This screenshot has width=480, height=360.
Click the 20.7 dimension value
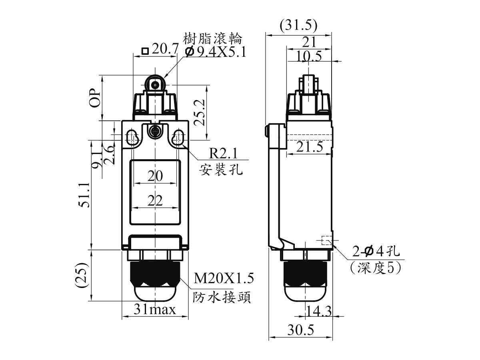[x=165, y=49]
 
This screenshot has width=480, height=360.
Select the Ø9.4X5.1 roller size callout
[x=215, y=52]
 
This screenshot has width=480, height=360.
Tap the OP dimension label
[x=95, y=98]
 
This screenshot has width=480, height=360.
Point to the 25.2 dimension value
[x=200, y=112]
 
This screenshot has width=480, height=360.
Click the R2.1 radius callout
[x=223, y=154]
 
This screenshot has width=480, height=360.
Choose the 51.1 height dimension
[x=84, y=195]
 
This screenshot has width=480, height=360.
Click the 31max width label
[x=155, y=309]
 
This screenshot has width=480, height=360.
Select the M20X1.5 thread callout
[x=224, y=278]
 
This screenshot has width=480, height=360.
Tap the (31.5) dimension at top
[x=298, y=25]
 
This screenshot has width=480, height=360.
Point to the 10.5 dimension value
[x=309, y=56]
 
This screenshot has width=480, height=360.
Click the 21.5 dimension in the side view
[x=310, y=146]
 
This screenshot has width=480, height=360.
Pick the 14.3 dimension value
[x=319, y=311]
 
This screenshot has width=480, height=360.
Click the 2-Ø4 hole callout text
[x=376, y=251]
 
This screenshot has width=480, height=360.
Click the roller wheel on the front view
[x=155, y=84]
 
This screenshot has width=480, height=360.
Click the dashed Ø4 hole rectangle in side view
[x=326, y=240]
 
